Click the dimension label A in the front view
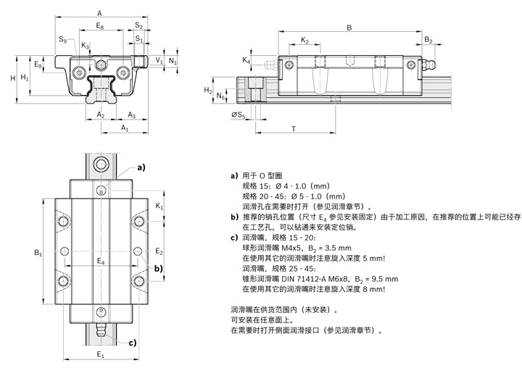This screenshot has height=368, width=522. (99, 12)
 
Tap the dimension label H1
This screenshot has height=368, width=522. (25, 77)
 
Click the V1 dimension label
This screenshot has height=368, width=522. (159, 62)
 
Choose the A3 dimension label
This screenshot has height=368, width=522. (132, 115)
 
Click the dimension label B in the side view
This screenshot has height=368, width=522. (349, 28)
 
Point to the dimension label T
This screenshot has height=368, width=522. (293, 128)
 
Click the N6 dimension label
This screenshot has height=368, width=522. (222, 95)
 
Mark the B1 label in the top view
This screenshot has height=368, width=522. (38, 253)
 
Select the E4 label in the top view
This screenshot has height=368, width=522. (101, 261)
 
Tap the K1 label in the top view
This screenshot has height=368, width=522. (159, 206)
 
